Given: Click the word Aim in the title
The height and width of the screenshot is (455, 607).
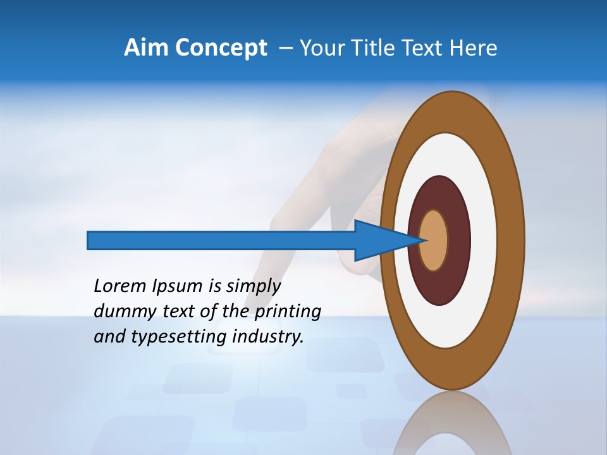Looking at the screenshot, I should pyautogui.click(x=147, y=48).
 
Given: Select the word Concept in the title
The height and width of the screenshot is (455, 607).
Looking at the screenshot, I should pyautogui.click(x=221, y=48).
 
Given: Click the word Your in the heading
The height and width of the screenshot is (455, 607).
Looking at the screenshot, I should pyautogui.click(x=322, y=48).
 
